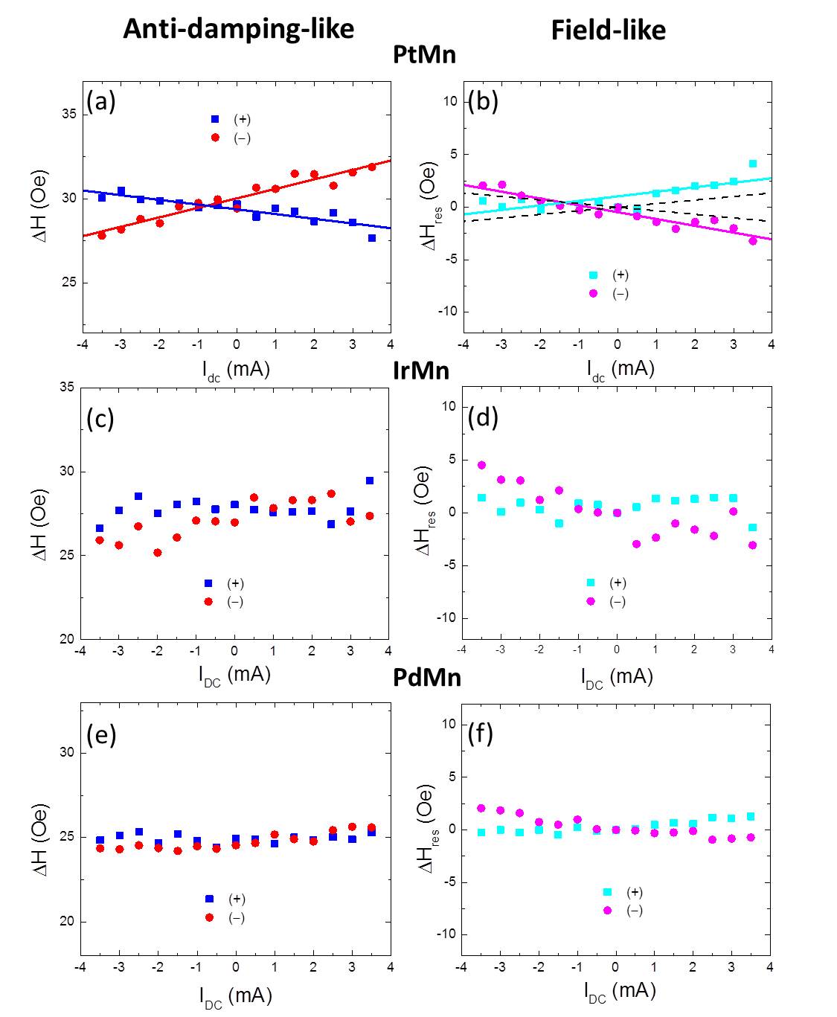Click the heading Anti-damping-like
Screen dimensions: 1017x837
click(238, 29)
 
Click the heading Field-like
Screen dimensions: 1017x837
click(608, 30)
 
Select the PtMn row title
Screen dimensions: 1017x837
click(424, 54)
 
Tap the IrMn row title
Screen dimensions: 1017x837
click(421, 370)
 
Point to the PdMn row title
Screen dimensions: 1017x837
click(427, 678)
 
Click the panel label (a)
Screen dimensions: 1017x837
click(101, 100)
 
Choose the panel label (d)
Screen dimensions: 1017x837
click(483, 417)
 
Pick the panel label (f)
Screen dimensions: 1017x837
click(481, 734)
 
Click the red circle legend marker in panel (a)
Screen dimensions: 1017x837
click(216, 138)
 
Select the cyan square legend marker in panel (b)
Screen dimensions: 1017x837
click(593, 275)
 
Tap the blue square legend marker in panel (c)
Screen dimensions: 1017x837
click(208, 583)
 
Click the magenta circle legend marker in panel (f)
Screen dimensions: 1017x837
click(608, 911)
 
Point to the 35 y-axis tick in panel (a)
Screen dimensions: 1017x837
click(68, 114)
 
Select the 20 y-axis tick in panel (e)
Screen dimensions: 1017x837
click(67, 922)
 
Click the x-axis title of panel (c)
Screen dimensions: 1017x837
click(234, 675)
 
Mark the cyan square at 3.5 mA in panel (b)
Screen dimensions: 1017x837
click(753, 164)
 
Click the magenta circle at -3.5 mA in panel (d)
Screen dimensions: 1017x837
click(481, 465)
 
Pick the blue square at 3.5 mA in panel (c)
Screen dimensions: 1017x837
click(370, 481)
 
